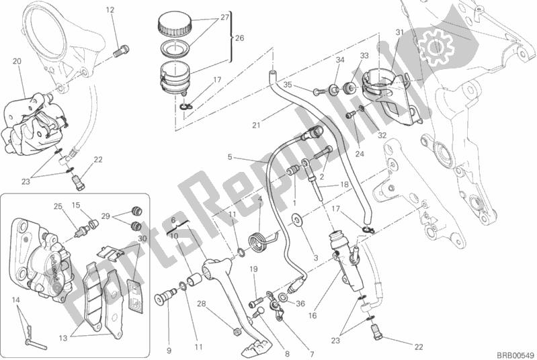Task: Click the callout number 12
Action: click(x=110, y=9)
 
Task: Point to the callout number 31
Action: click(x=399, y=32)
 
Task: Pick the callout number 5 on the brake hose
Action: click(x=230, y=158)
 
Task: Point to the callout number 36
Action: click(x=300, y=303)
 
